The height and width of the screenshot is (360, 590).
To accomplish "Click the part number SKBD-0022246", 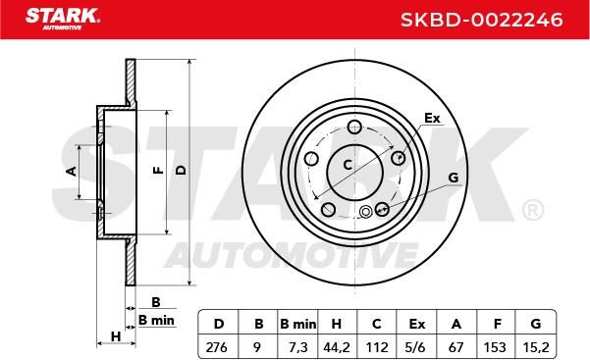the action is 482,20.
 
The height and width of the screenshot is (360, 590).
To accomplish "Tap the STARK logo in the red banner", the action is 63,19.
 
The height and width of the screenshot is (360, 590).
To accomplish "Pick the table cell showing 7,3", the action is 298,347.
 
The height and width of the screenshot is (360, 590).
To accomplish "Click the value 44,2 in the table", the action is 337,347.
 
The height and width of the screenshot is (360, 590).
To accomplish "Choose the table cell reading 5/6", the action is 415,347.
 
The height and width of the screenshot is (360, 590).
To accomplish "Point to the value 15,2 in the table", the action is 536,347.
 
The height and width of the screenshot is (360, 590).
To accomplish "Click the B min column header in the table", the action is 298,324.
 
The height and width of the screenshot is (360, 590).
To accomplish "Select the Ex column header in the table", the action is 417,324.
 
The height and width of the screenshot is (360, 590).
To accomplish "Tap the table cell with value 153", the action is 495,347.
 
